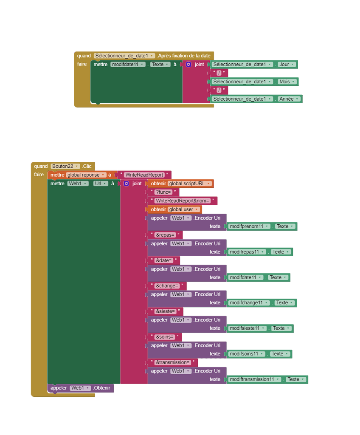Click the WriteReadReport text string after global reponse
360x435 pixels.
click(144, 175)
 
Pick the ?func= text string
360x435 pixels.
click(163, 192)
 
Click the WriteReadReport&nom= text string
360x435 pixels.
click(183, 201)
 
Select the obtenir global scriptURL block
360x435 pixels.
click(181, 184)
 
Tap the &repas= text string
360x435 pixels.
click(165, 234)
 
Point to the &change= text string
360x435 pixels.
click(167, 286)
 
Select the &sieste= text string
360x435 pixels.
click(166, 311)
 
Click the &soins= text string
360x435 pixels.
click(165, 337)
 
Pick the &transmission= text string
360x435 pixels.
click(173, 362)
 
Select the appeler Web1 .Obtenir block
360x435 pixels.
click(80, 388)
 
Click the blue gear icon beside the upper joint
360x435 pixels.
click(188, 65)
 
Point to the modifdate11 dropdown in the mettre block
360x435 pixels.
click(128, 65)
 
